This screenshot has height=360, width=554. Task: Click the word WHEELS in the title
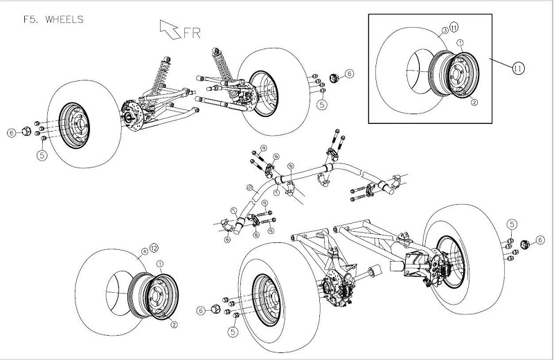(x=64, y=19)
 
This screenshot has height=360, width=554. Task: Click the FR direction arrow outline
(x=168, y=29)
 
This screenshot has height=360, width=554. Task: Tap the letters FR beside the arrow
(x=191, y=32)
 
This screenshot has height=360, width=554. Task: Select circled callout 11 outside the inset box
(x=519, y=68)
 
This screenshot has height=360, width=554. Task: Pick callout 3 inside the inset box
(x=443, y=31)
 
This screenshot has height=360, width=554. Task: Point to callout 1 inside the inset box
(x=461, y=43)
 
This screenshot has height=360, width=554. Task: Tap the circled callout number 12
(x=154, y=248)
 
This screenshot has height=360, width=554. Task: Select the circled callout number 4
(x=144, y=251)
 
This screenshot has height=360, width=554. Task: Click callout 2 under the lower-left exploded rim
(x=174, y=323)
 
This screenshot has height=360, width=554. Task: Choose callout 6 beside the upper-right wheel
(x=349, y=73)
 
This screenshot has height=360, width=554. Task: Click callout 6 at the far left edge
(x=11, y=132)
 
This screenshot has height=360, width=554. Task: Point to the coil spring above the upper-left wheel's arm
(x=164, y=71)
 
